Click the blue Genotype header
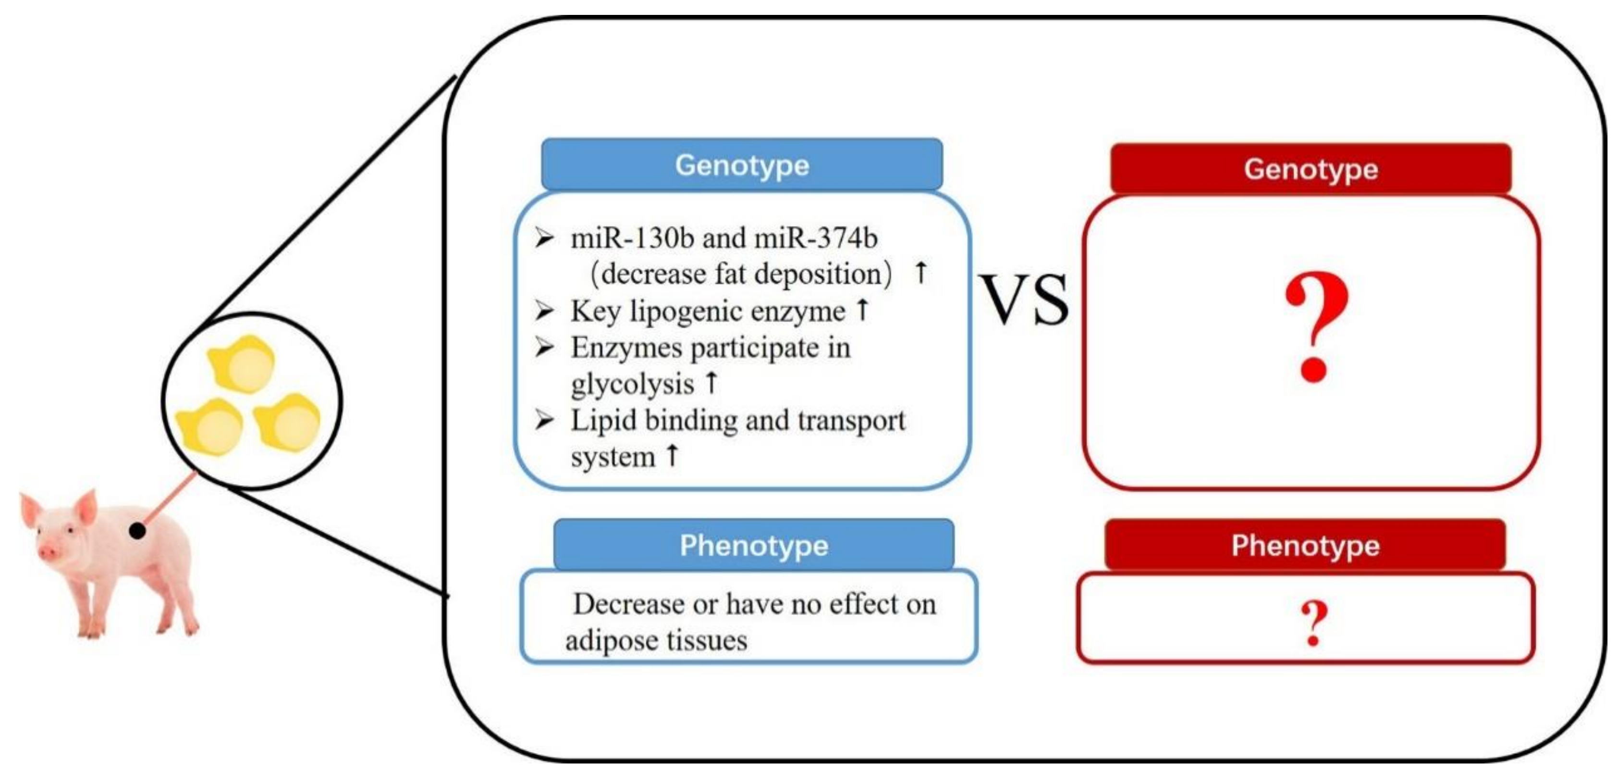(x=742, y=165)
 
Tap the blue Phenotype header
(x=754, y=545)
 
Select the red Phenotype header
(x=1305, y=545)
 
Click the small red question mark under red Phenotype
(x=1314, y=622)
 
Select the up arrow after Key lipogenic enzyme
(x=863, y=309)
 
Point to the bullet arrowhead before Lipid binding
(x=544, y=420)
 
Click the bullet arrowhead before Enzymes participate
(x=544, y=347)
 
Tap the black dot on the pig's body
(x=137, y=531)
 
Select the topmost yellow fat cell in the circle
(x=242, y=364)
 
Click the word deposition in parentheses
(x=823, y=274)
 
